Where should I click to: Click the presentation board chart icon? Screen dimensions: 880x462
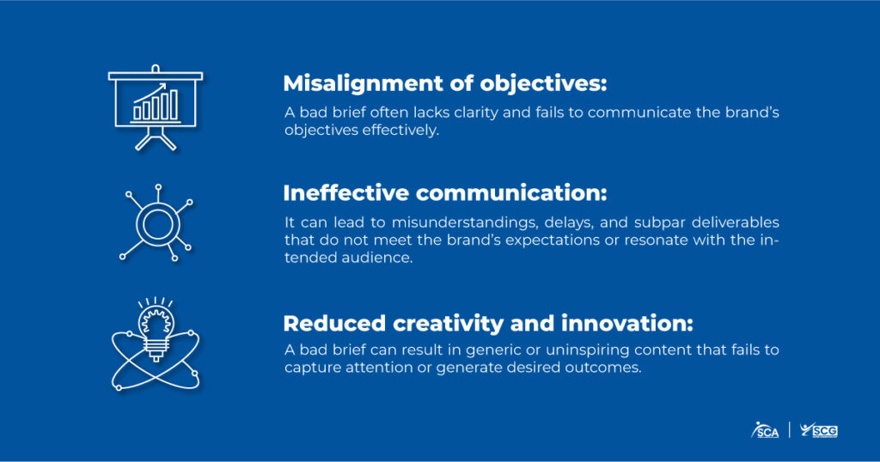click(156, 107)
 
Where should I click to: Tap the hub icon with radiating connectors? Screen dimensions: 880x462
click(158, 223)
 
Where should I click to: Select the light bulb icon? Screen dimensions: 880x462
click(156, 343)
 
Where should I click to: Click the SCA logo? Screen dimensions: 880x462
click(766, 430)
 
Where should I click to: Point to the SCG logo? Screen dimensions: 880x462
click(819, 430)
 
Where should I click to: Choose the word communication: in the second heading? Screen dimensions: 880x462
click(512, 193)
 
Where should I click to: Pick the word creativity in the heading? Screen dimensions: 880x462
click(449, 324)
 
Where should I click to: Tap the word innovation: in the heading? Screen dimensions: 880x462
click(626, 324)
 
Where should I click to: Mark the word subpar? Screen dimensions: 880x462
click(659, 223)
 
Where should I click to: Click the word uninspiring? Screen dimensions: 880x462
click(588, 350)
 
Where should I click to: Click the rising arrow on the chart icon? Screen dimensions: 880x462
click(150, 93)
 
